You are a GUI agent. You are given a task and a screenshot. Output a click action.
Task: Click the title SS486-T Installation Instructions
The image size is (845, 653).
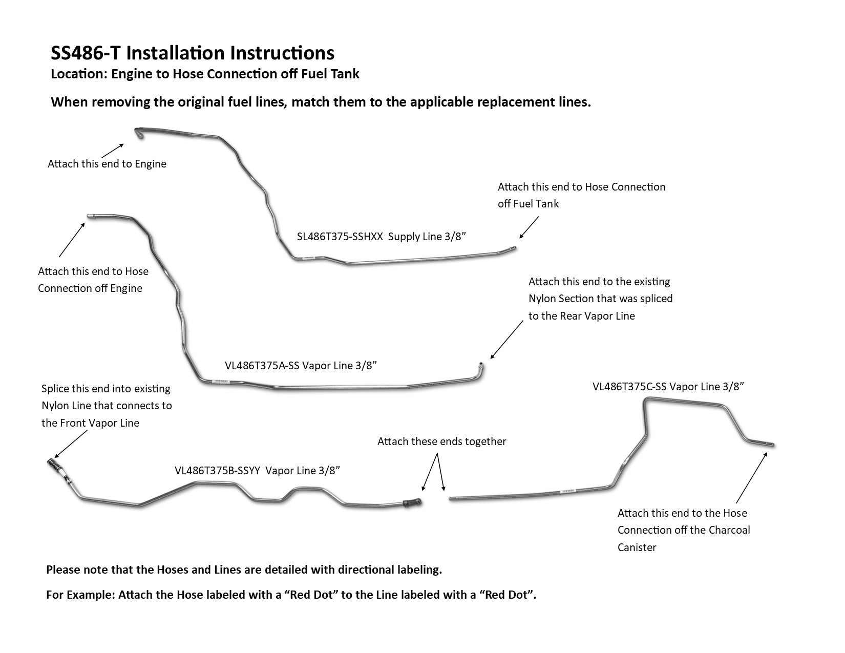pos(193,53)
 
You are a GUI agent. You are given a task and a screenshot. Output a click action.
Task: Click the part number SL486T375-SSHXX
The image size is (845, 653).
pos(340,237)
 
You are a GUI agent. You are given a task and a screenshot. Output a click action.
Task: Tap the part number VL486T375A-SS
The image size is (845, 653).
pos(262,366)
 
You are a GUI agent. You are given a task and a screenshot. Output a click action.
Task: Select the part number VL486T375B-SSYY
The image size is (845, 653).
pos(219,471)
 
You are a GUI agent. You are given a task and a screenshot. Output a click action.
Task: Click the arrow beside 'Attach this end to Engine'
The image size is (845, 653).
pos(113,151)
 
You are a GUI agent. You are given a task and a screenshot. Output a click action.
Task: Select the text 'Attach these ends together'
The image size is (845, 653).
pos(441,441)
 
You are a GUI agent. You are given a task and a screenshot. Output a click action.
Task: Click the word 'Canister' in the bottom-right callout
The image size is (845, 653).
pos(637,547)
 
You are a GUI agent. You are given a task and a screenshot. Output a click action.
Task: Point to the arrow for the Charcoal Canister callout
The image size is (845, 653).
pos(752,477)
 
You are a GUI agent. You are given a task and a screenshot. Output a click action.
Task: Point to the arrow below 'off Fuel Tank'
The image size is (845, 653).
pos(529,227)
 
